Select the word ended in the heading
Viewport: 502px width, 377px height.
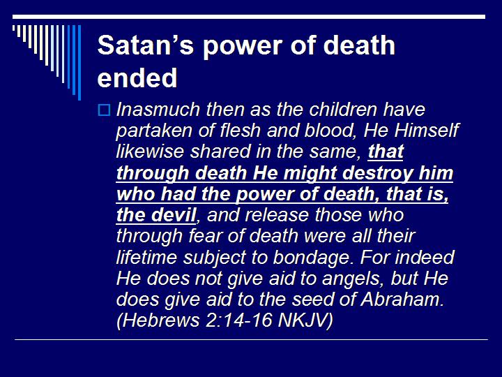click(137, 78)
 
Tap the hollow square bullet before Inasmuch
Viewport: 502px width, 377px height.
click(104, 110)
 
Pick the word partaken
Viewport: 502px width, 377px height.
click(150, 131)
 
